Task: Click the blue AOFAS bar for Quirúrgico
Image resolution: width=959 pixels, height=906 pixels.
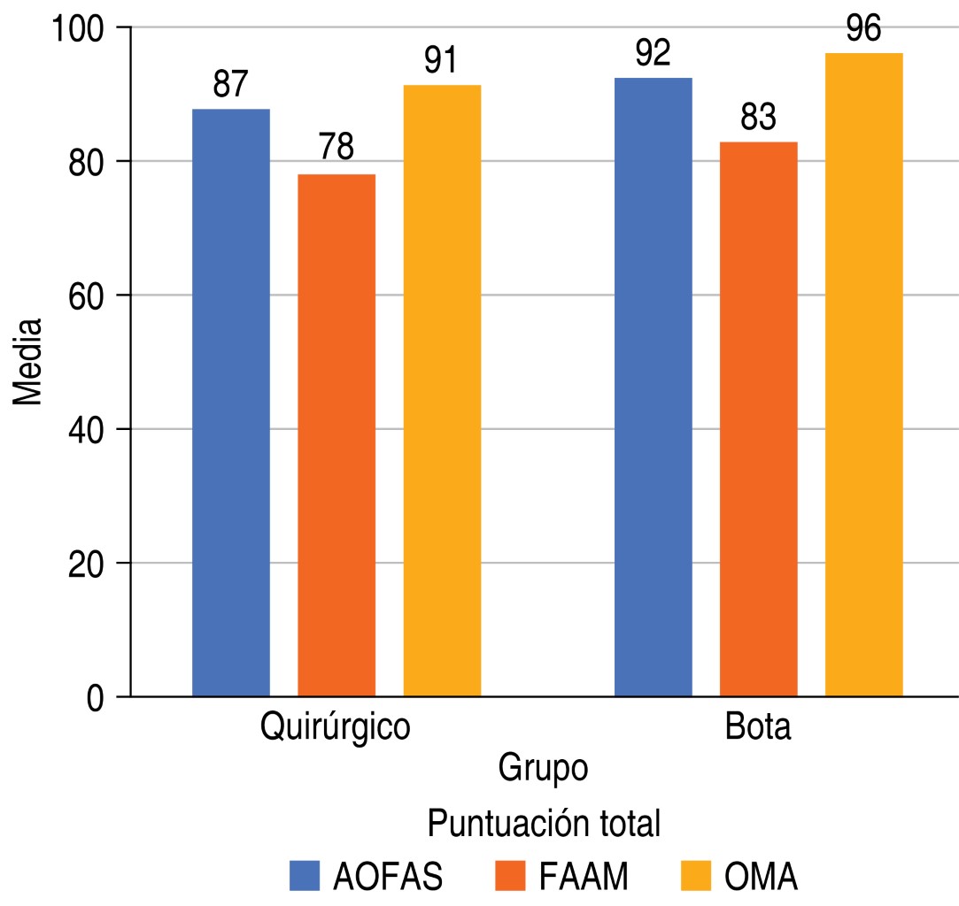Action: (231, 403)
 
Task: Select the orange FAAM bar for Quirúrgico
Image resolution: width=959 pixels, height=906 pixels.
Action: (336, 435)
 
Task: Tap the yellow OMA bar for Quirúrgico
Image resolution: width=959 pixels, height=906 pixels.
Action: (442, 391)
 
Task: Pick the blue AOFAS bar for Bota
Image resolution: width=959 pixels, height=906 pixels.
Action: (654, 387)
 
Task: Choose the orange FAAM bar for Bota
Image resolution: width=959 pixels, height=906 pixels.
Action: (759, 419)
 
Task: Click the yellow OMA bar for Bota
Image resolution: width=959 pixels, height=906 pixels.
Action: (864, 374)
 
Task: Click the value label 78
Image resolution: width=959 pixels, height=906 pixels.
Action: (336, 149)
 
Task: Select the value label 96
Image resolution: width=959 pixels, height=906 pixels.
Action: (863, 30)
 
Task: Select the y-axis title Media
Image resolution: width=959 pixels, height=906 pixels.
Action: (28, 363)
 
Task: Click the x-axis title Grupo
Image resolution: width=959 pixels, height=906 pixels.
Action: (543, 767)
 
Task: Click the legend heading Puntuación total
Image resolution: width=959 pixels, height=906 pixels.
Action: (545, 824)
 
